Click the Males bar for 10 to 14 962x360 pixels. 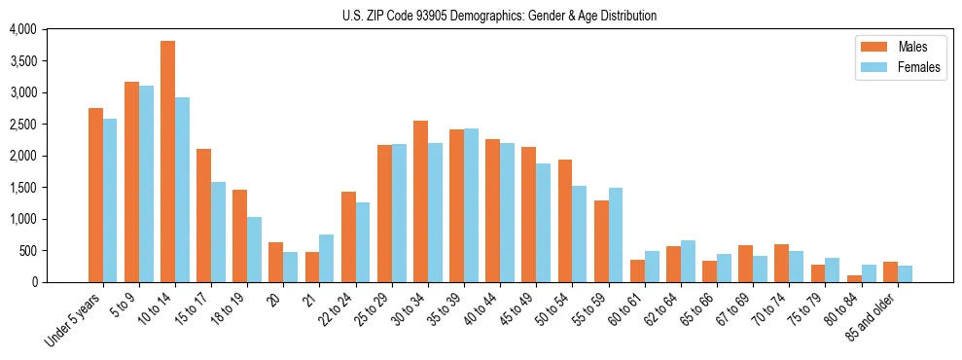click(x=167, y=162)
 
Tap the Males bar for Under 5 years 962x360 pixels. click(x=95, y=195)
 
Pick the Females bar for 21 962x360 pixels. click(x=326, y=258)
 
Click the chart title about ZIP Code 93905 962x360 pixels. click(x=499, y=16)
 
